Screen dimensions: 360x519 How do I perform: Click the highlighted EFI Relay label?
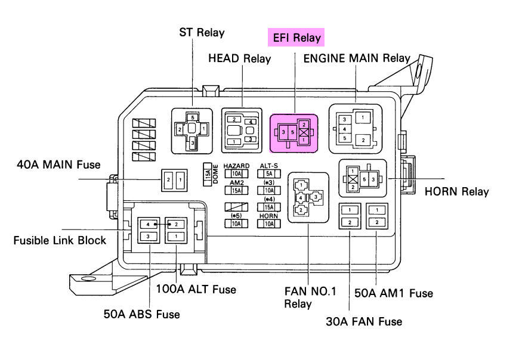(x=296, y=38)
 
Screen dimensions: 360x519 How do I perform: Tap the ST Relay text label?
(x=202, y=32)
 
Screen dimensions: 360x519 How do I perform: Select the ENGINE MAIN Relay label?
(x=357, y=58)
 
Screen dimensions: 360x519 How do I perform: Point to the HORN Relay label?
(x=456, y=191)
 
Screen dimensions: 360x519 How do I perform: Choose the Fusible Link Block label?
(x=60, y=240)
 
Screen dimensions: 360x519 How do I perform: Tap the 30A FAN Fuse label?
(x=364, y=321)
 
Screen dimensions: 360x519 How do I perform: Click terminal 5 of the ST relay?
(x=192, y=117)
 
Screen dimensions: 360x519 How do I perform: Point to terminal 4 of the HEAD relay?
(x=251, y=122)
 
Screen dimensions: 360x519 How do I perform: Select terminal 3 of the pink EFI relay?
(x=284, y=132)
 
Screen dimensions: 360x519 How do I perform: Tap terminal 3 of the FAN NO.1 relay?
(x=315, y=196)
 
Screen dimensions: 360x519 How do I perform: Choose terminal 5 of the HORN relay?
(x=364, y=179)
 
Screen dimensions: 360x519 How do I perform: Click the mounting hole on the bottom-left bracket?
(x=88, y=278)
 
